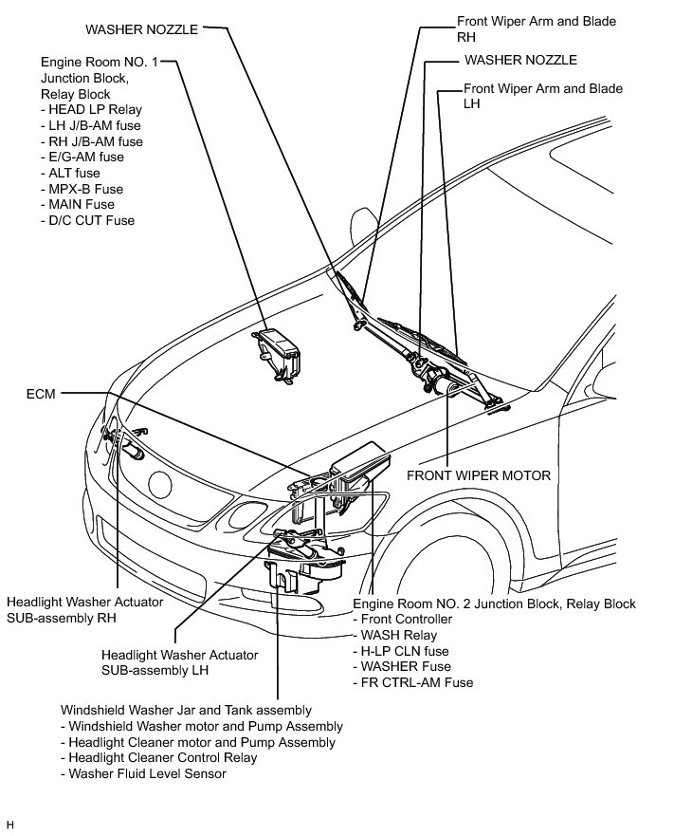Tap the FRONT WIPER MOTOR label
point(478,474)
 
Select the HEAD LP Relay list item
point(91,110)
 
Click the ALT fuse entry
point(71,173)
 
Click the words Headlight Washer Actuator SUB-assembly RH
point(84,609)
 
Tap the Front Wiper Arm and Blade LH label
point(542,96)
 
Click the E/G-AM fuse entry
point(82,158)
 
